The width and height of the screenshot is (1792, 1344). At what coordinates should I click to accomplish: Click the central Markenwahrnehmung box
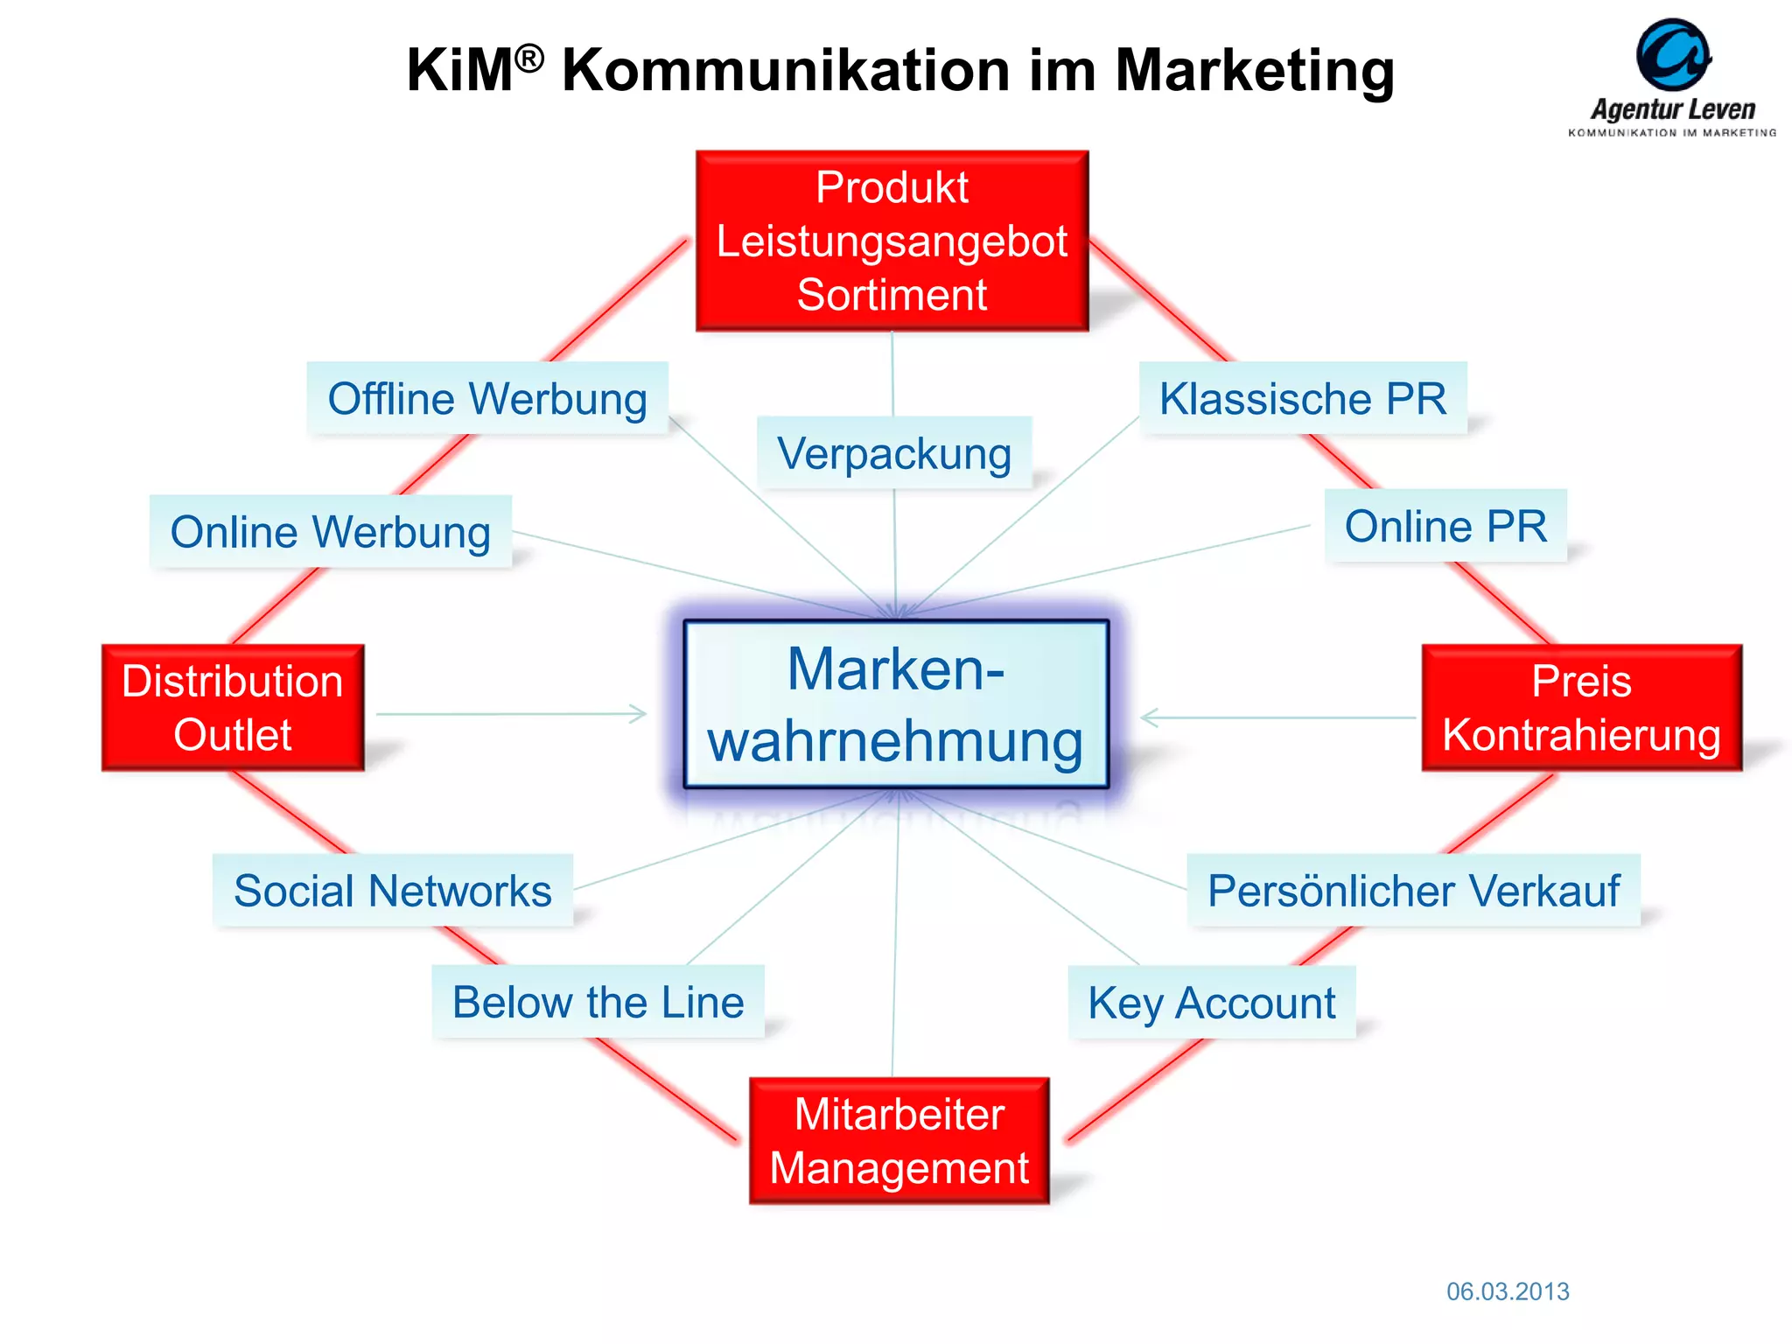point(895,704)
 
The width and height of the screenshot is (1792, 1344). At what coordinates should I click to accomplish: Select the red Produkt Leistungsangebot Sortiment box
point(892,241)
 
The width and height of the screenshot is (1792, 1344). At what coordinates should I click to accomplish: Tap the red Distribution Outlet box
point(233,708)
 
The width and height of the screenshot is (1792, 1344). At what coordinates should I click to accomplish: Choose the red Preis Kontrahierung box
point(1581,708)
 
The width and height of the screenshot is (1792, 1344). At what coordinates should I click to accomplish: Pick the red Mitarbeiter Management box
point(899,1141)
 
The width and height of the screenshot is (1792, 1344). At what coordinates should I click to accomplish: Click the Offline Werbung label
point(487,399)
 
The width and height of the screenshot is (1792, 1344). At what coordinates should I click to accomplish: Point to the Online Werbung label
point(331,532)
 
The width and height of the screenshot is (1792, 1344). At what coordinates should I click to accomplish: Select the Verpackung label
point(894,453)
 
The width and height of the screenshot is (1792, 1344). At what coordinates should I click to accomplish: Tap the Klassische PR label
point(1303,399)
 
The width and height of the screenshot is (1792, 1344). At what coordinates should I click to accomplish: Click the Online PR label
point(1445,526)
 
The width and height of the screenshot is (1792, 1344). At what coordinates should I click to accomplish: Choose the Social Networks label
point(393,891)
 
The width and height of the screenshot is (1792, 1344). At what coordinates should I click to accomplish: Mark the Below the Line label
point(598,1002)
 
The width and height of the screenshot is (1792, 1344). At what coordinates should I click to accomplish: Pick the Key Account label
point(1212,1003)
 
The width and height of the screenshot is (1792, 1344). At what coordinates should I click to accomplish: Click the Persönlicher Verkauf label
point(1413,891)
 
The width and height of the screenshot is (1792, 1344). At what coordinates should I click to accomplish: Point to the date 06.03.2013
point(1508,1291)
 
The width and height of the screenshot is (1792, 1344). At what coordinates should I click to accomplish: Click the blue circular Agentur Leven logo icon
point(1673,55)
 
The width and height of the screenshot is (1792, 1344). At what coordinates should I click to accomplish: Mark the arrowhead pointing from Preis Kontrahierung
point(1149,717)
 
